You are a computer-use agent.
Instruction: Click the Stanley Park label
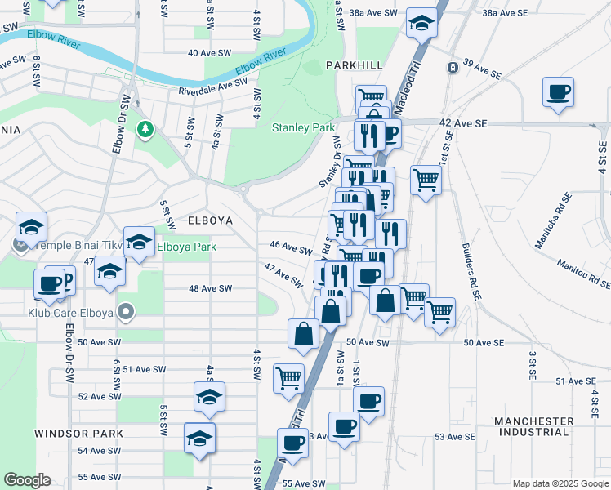tap(304, 127)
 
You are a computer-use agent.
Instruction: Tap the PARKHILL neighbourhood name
tap(355, 64)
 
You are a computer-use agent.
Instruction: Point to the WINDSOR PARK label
tap(78, 433)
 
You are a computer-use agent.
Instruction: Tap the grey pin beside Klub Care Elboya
tap(124, 311)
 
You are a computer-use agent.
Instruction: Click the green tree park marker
tap(145, 129)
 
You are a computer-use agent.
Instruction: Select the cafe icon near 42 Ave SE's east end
tap(558, 92)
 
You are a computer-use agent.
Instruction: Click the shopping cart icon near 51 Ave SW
tap(288, 377)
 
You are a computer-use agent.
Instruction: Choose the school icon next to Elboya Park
tap(139, 242)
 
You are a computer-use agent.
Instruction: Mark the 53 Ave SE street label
tap(455, 437)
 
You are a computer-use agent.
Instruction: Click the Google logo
tap(28, 481)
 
